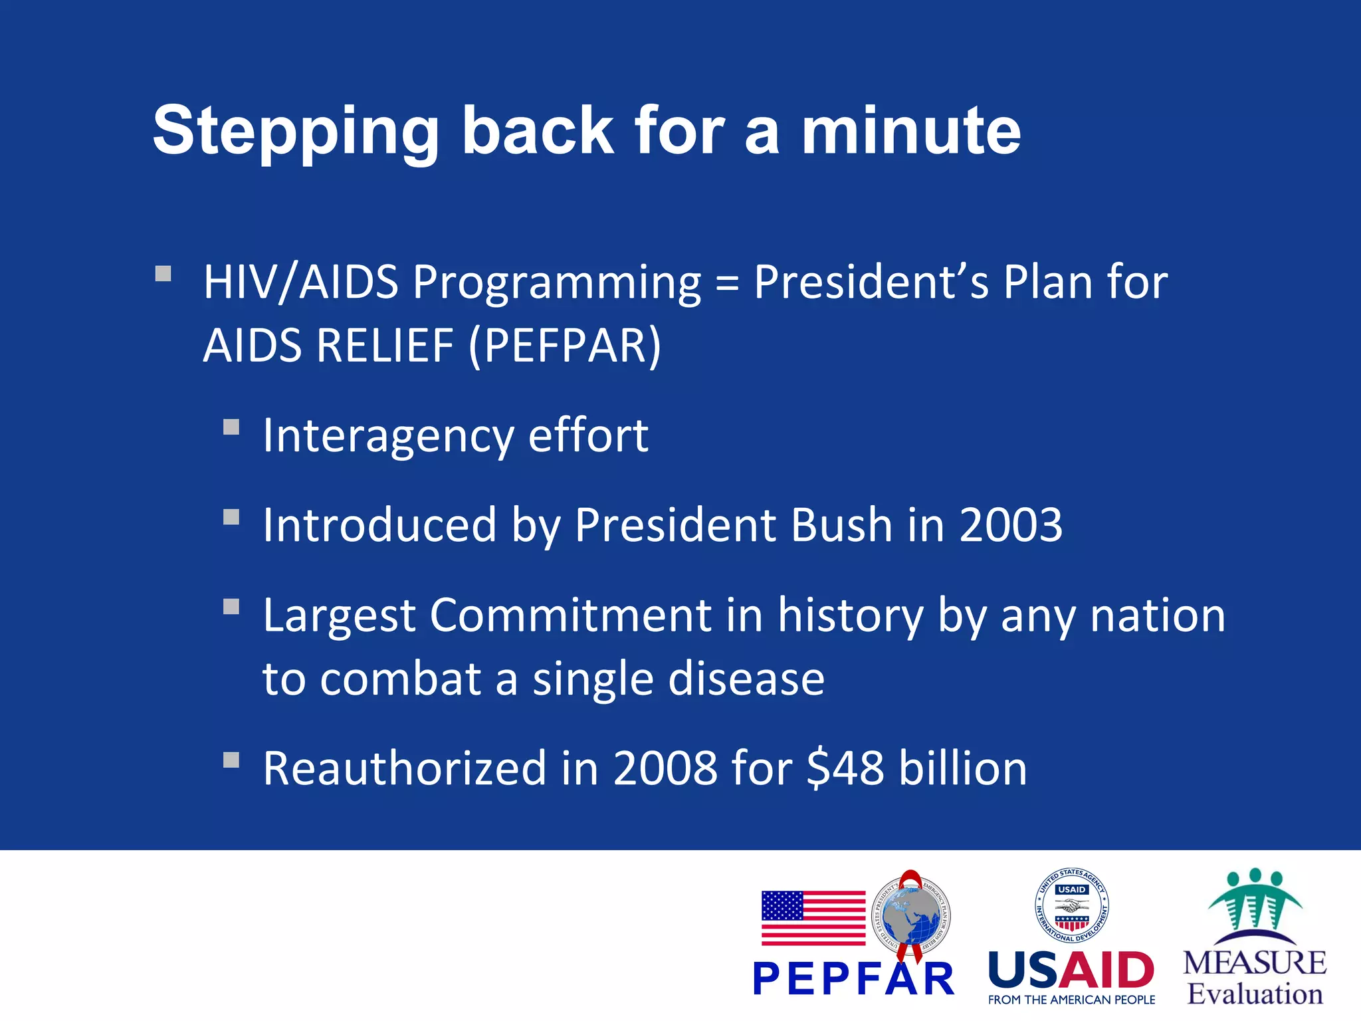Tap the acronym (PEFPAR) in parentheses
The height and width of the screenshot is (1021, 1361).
[x=565, y=346]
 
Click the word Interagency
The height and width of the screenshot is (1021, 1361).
[x=388, y=437]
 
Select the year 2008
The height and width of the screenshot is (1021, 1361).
[x=665, y=768]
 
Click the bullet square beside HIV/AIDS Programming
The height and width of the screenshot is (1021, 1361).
[x=163, y=274]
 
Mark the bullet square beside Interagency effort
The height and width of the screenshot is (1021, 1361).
[x=231, y=427]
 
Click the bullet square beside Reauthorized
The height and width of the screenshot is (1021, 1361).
[x=231, y=760]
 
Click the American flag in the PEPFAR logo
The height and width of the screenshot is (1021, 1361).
[x=813, y=918]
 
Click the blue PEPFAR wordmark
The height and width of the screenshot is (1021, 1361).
[x=853, y=979]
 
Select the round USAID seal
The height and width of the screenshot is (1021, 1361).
[x=1071, y=905]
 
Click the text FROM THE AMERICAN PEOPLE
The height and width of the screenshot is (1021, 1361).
[x=1071, y=1000]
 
